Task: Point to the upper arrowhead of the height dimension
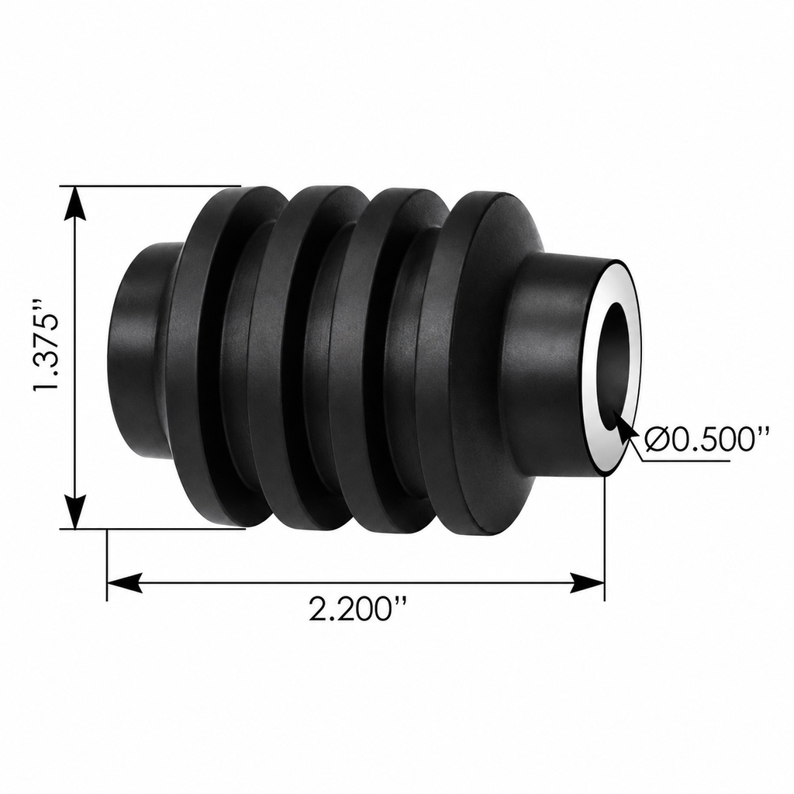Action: [75, 202]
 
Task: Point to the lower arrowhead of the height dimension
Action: [75, 512]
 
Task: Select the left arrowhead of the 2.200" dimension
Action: [124, 583]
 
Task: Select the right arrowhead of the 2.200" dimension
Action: [588, 583]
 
